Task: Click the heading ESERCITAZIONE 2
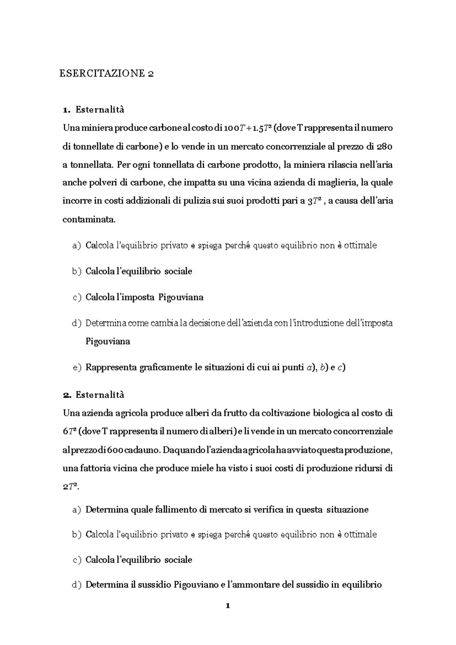coord(106,73)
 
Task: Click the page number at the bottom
coord(228,606)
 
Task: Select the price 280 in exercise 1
coord(385,146)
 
